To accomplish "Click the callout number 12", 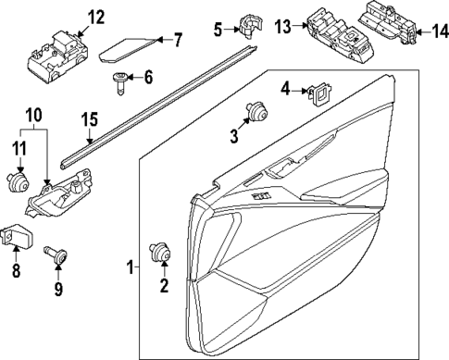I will tap(96, 16).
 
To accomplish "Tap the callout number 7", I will tap(179, 39).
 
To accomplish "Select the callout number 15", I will tap(89, 118).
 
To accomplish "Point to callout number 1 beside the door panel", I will tap(130, 268).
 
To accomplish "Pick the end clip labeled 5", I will tap(246, 26).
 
